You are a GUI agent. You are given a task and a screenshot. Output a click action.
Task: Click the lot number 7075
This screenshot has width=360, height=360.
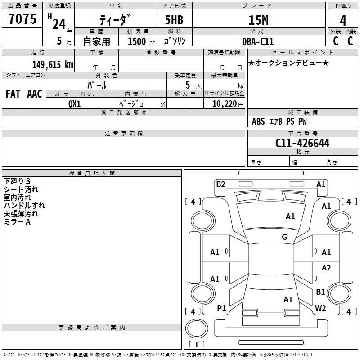[22, 18]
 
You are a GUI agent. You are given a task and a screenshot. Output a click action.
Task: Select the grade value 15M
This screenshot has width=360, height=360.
[258, 20]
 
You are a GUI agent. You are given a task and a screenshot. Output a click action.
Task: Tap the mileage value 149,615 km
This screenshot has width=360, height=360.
[53, 64]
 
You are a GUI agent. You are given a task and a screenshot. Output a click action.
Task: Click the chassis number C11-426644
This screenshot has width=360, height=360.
[302, 143]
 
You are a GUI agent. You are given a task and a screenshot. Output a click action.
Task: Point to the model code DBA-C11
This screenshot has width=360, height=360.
[258, 41]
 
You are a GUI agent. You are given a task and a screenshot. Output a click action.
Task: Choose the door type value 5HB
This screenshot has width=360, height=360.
[174, 20]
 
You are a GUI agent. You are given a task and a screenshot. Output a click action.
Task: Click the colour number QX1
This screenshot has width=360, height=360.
[75, 104]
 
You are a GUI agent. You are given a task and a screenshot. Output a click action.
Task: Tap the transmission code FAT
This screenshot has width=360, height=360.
[13, 94]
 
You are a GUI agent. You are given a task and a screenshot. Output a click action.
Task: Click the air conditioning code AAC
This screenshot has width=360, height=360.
[35, 94]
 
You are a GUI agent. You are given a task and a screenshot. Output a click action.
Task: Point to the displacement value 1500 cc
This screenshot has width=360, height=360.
[141, 41]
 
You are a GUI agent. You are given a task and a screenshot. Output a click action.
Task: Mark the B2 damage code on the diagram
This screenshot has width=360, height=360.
[220, 184]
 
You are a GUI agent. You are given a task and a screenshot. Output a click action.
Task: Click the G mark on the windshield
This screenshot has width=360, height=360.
[284, 237]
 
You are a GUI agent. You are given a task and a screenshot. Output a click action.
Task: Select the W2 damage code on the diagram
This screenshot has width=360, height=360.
[320, 308]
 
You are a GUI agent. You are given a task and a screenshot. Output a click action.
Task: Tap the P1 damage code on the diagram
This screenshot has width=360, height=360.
[221, 308]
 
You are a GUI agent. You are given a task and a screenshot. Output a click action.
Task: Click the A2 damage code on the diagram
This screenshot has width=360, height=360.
[326, 267]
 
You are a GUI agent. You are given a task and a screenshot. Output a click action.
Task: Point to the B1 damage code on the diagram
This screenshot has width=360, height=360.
[320, 292]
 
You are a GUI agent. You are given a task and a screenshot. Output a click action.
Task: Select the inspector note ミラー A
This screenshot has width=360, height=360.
[17, 222]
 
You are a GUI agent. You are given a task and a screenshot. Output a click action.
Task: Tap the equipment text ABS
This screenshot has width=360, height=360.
[258, 121]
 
